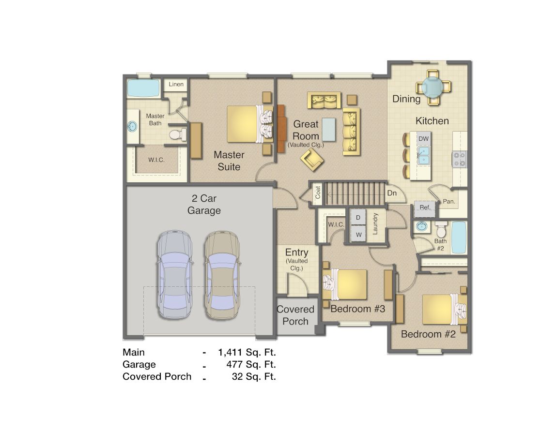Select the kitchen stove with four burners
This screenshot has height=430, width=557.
[x=459, y=159]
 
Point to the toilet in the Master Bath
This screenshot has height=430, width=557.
[x=177, y=134]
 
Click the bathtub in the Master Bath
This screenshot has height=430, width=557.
[x=143, y=89]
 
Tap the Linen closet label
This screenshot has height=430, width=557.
[x=176, y=85]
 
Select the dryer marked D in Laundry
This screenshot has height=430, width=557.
[x=358, y=217]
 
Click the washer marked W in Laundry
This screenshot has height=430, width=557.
[x=358, y=235]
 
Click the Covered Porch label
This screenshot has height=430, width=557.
[x=295, y=315]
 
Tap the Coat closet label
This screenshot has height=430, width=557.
[x=318, y=193]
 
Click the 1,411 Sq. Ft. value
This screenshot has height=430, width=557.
[x=247, y=352]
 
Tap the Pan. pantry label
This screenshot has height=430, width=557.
[x=449, y=201]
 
